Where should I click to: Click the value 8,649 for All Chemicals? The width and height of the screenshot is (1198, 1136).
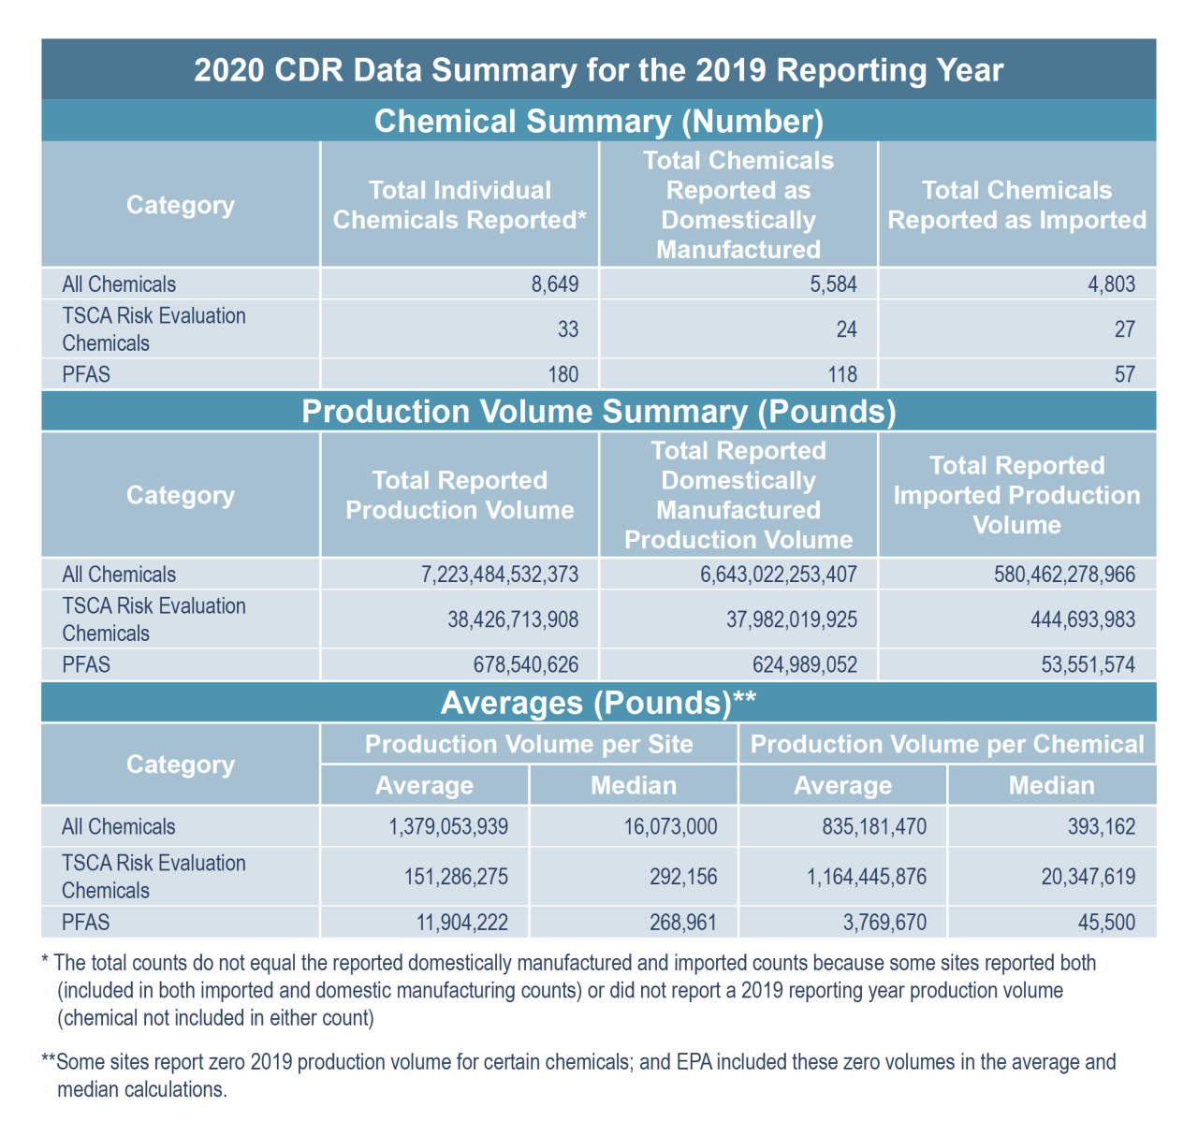click(555, 284)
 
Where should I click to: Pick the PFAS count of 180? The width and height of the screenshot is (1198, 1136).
click(562, 374)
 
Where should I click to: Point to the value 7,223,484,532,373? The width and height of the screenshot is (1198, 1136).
click(500, 575)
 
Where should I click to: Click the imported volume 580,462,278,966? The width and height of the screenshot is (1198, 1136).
click(1064, 575)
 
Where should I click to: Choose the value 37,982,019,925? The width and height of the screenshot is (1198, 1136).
click(779, 619)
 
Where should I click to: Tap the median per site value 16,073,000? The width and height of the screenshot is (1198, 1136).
click(670, 827)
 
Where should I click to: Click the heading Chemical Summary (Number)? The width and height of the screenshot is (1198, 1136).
click(599, 122)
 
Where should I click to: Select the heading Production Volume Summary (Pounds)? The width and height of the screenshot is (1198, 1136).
click(599, 413)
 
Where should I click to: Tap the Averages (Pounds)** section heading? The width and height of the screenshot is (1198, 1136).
click(599, 703)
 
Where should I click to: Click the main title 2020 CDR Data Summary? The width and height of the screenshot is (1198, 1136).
click(599, 70)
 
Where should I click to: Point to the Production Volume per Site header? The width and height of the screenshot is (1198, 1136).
click(529, 745)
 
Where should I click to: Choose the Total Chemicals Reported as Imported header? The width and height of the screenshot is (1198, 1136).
click(1017, 205)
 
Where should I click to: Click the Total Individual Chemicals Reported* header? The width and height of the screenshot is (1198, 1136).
click(460, 205)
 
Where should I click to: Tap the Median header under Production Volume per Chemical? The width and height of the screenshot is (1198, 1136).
click(1051, 785)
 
